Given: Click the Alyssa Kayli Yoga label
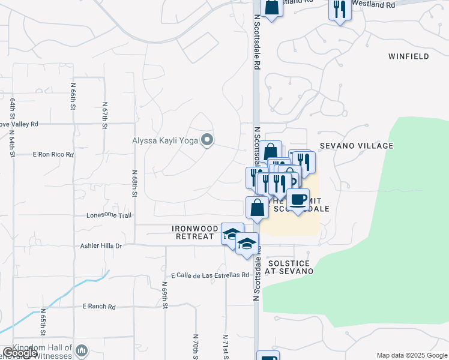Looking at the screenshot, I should (x=166, y=142).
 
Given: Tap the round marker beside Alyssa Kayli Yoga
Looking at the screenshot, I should (x=208, y=141).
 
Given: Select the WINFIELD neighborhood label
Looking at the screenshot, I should (x=408, y=56).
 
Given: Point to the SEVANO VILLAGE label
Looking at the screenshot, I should (x=357, y=146).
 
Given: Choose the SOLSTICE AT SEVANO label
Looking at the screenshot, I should (x=291, y=267).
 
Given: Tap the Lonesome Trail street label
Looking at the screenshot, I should (x=109, y=215).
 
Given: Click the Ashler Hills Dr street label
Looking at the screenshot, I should (x=101, y=246).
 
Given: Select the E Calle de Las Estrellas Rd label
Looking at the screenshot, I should (x=209, y=275).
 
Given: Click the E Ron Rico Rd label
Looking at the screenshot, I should (x=53, y=154).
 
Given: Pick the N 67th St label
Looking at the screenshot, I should (x=104, y=115).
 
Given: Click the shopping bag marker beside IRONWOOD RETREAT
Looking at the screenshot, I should (x=257, y=208).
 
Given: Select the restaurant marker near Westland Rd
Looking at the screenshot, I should (x=339, y=10).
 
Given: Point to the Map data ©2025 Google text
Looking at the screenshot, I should (x=412, y=355).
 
